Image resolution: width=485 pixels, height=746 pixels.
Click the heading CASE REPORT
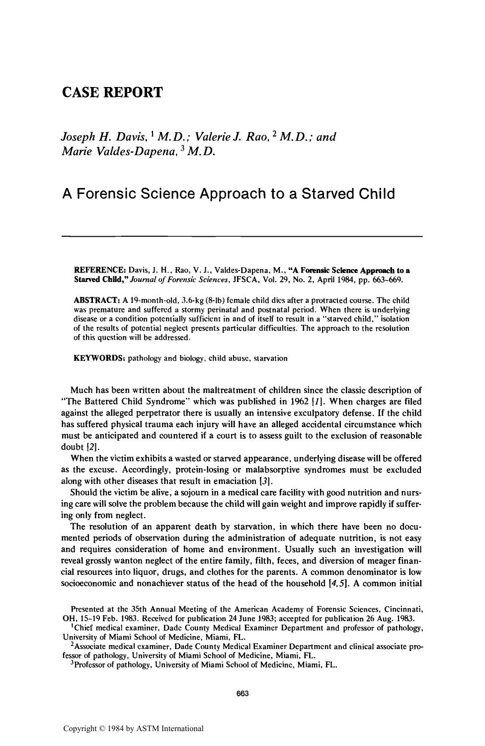pos(112,93)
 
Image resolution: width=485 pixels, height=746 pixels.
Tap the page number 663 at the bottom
pos(242,694)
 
